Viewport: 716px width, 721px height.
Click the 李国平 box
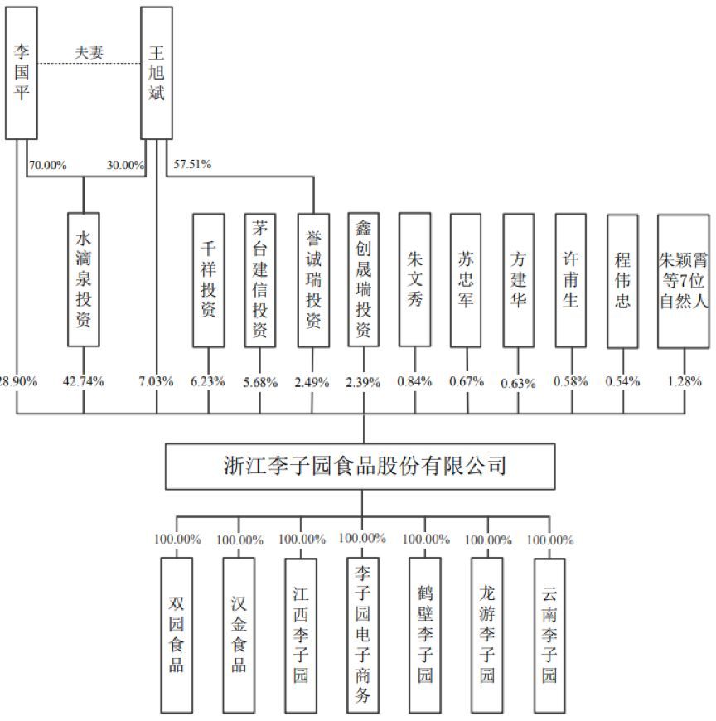pos(22,73)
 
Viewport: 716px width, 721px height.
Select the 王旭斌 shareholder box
pos(157,73)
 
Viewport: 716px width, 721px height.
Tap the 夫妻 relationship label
pos(89,52)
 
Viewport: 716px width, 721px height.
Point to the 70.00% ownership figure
pos(48,165)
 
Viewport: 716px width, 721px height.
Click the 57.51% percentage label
pos(192,164)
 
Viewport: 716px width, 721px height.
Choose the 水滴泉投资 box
pos(83,279)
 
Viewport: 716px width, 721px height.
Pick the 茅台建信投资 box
pos(260,280)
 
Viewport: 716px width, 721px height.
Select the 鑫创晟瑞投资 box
pos(363,279)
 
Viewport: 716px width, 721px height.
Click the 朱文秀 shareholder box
pos(415,279)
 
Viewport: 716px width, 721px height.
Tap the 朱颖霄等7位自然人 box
pos(684,281)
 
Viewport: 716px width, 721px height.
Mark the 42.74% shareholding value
pos(83,381)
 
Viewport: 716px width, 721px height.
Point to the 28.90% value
pos(18,381)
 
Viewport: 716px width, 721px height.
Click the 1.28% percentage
pos(685,381)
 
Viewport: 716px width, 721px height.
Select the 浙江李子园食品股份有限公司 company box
pos(360,467)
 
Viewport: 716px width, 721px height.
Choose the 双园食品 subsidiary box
pos(177,635)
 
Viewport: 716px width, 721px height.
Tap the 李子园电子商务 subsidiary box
pos(362,635)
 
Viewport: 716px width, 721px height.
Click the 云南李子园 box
pos(549,635)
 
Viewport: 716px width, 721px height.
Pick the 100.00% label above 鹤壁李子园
pos(426,539)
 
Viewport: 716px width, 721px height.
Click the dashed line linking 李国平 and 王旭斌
pos(89,64)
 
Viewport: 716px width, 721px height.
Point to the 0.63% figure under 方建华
pos(518,383)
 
